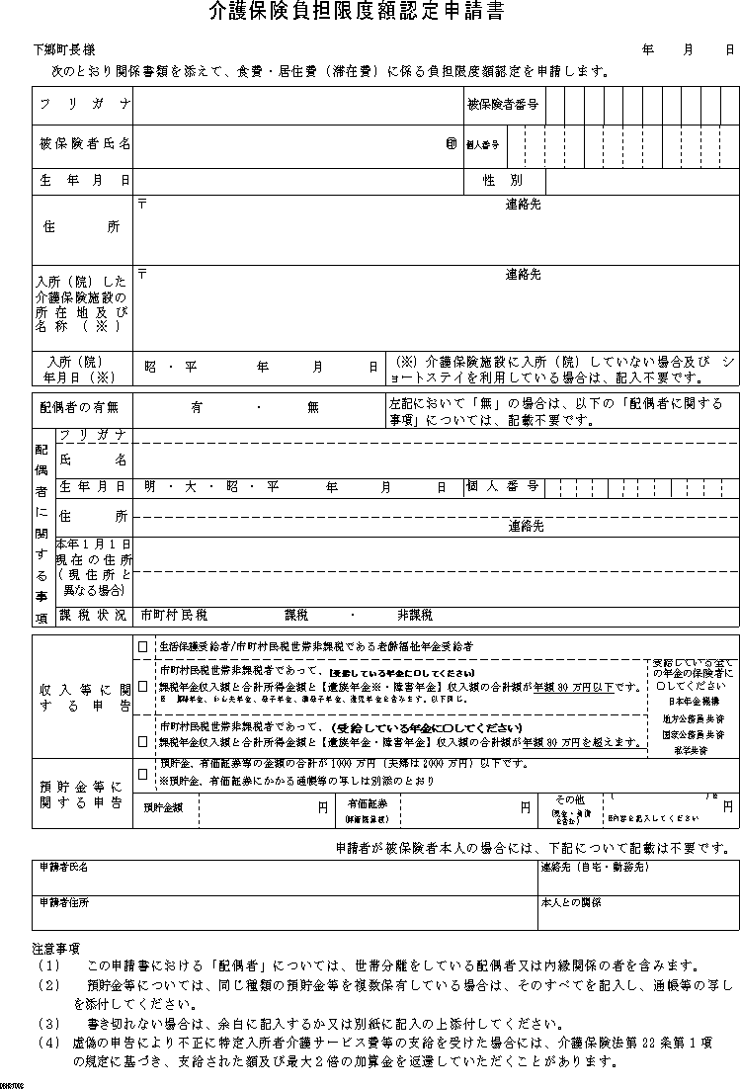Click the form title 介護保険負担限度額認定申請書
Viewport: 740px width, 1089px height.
pos(356,13)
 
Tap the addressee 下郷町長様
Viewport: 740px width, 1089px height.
pos(62,49)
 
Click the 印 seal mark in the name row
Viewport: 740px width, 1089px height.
pos(452,144)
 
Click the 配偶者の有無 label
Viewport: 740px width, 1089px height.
pos(79,406)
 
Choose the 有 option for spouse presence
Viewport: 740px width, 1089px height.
pos(198,406)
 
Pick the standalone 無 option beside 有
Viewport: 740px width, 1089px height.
pos(313,406)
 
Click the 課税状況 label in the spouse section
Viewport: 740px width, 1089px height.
pos(93,616)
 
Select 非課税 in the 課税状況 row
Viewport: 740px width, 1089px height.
pos(415,616)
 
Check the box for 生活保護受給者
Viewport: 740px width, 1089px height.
pos(143,645)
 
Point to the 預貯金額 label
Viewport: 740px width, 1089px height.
pos(163,807)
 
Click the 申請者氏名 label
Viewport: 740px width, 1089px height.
pos(64,867)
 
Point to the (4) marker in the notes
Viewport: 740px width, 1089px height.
pos(48,1043)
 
